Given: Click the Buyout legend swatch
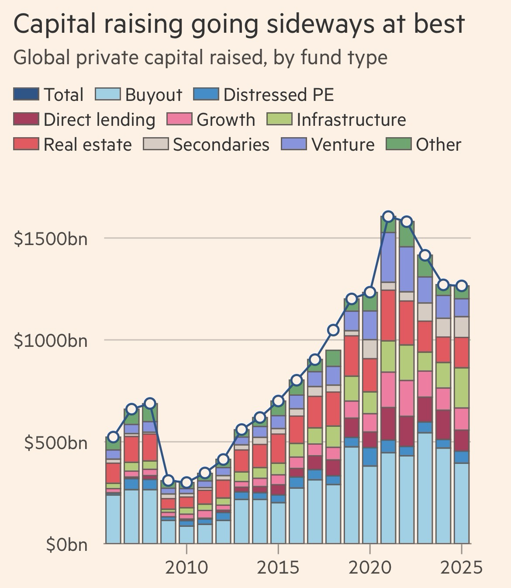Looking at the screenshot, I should [x=107, y=94].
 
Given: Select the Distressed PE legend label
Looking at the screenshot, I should [x=279, y=95].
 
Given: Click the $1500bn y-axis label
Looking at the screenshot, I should [x=51, y=239].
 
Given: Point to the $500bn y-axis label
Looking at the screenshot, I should [x=55, y=443].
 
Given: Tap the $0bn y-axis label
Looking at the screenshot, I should [x=67, y=545].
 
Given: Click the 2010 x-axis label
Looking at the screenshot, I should [x=186, y=567].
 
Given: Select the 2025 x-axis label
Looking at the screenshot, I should [x=461, y=567].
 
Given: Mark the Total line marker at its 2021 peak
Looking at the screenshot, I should [x=388, y=217].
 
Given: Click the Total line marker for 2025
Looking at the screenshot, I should [x=462, y=286].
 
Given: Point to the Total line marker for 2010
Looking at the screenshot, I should [x=186, y=483].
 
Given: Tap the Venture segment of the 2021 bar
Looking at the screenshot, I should [x=388, y=257].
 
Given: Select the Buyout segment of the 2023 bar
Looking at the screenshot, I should [x=425, y=488].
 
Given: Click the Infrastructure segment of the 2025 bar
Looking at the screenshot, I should [x=462, y=388].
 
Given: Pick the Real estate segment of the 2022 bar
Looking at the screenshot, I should [x=407, y=323].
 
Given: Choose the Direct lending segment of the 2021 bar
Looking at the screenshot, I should [x=388, y=424].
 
